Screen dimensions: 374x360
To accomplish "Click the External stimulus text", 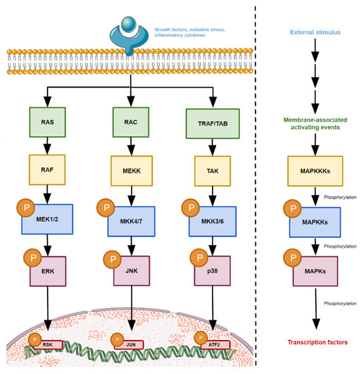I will [x=314, y=33].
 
